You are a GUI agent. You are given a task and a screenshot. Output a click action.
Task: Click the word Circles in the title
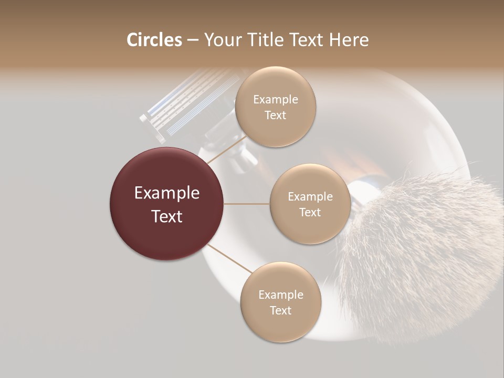pos(154,40)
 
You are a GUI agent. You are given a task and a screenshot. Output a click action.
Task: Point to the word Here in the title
pos(349,40)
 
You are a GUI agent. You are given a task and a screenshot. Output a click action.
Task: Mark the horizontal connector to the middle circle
pos(247,204)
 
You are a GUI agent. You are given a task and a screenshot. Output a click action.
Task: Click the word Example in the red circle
pos(166,193)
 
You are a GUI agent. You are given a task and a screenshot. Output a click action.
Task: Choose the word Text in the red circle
pos(166,216)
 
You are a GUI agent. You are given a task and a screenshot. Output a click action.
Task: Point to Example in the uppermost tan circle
pos(275,100)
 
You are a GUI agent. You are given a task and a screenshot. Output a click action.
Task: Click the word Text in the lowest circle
pos(280,310)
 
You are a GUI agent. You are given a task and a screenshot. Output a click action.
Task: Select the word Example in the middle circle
pos(310,197)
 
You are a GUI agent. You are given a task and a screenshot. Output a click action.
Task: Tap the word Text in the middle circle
pos(310,212)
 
